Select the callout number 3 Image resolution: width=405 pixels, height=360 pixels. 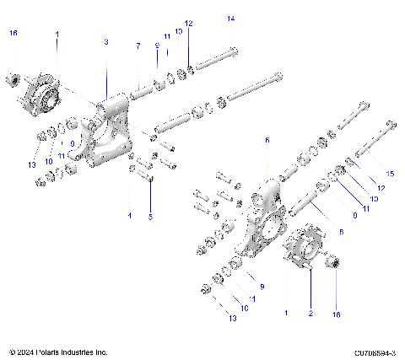point(106,41)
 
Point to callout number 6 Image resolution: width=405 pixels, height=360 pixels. point(267,140)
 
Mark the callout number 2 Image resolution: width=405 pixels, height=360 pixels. point(310,313)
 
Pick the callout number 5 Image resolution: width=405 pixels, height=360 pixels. point(151,217)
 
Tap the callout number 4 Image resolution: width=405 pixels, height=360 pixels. point(129,216)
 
